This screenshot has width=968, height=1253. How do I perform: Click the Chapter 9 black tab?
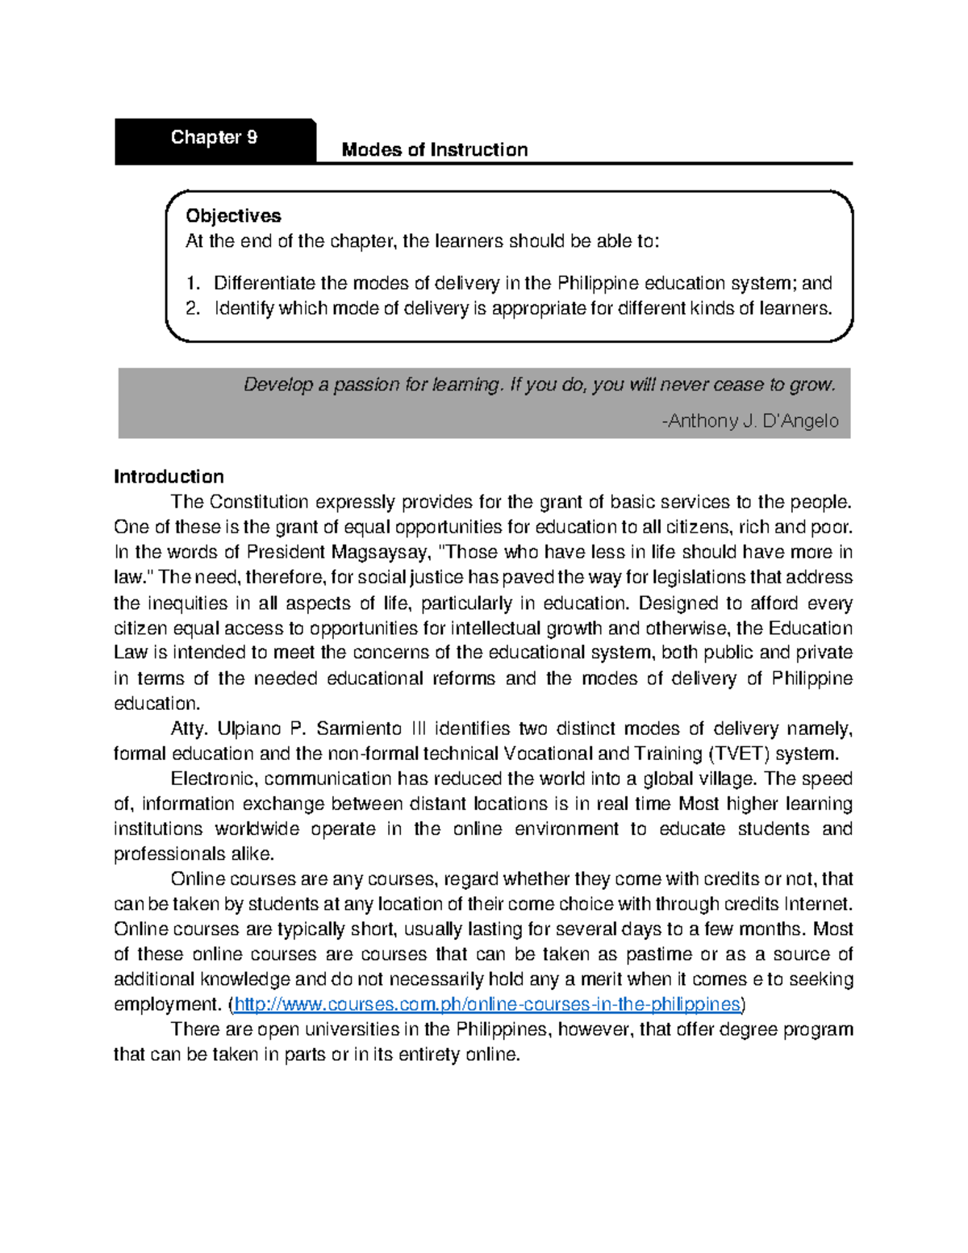coord(215,139)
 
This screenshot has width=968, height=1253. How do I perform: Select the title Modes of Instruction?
coord(435,150)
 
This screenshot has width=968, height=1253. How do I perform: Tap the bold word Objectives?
coord(233,216)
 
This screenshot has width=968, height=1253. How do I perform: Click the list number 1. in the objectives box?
coord(192,283)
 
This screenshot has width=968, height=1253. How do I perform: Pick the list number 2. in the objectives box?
coord(192,308)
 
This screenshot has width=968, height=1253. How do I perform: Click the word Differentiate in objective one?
coord(264,283)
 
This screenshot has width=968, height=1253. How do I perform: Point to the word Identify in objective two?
coord(244,308)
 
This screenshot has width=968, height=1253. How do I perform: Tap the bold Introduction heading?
coord(169,477)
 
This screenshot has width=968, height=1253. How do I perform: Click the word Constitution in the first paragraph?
coord(259,502)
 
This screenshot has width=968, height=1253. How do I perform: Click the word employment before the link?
coord(166,1004)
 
